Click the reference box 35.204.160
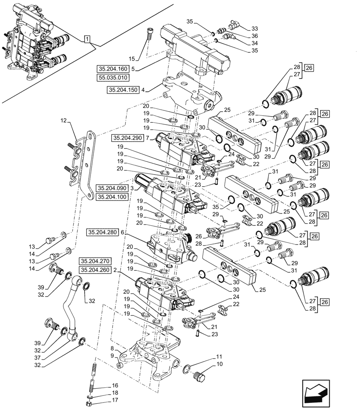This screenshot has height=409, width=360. pos(112,69)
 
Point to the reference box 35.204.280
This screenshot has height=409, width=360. pos(102,232)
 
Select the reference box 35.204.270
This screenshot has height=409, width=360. pos(96,261)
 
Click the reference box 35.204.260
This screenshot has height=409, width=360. pos(96,270)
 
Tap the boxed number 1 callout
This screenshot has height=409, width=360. pos(87,39)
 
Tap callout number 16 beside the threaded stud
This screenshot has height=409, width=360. pos(115,386)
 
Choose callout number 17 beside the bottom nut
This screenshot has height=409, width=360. pos(115,400)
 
